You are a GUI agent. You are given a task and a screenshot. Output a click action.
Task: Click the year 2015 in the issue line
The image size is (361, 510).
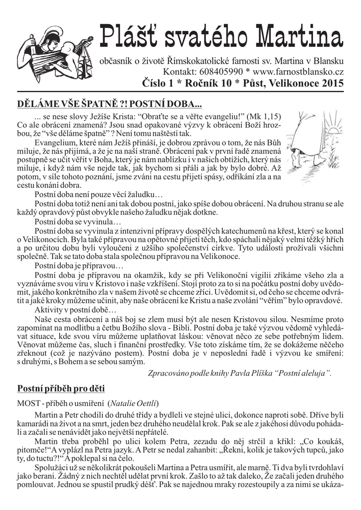pos(332,83)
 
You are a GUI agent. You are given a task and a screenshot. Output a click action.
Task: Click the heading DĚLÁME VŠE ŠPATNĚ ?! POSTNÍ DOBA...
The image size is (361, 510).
pos(110,105)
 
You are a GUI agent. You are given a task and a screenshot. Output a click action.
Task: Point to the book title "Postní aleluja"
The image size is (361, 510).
pos(302,373)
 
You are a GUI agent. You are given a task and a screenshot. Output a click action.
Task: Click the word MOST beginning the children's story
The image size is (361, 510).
pos(27,402)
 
